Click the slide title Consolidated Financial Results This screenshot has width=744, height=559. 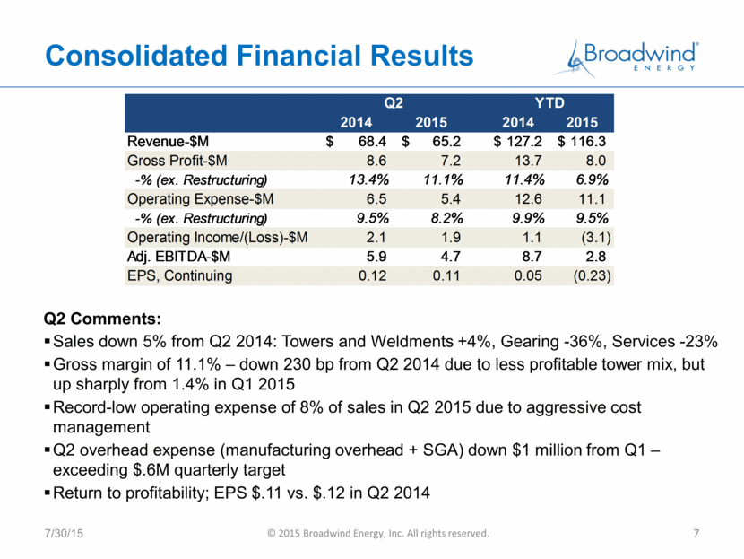click(259, 55)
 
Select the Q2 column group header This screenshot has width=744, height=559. click(394, 102)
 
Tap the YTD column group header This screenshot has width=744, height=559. click(549, 102)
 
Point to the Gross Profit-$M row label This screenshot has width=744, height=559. click(177, 161)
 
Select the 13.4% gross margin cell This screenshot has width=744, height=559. click(368, 179)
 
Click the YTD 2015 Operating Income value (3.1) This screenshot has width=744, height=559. click(596, 237)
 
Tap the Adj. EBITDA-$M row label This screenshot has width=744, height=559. click(178, 257)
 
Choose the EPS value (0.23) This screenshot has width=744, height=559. click(593, 275)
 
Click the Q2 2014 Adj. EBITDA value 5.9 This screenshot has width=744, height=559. click(376, 257)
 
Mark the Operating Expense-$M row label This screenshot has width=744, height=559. click(200, 198)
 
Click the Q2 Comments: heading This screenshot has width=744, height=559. click(102, 319)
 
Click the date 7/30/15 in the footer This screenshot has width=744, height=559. click(64, 533)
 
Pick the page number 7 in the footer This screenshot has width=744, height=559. click(696, 533)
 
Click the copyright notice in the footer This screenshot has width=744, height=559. click(378, 533)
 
